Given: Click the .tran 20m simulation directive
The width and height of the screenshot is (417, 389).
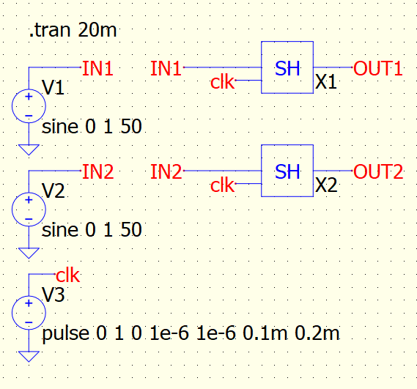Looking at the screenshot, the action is click(x=73, y=30).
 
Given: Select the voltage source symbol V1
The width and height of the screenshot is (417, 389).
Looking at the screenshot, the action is click(x=29, y=106).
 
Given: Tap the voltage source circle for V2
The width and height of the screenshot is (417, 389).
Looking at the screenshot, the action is click(x=29, y=210).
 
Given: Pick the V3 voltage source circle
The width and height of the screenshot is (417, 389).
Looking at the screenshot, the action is click(x=29, y=313).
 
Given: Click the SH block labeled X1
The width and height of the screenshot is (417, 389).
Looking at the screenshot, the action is click(x=287, y=67).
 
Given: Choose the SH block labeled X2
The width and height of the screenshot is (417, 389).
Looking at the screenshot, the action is click(x=287, y=171).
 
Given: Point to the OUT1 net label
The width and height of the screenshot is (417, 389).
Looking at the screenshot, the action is click(x=377, y=68).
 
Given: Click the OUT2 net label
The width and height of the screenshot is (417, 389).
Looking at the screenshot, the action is click(x=378, y=171).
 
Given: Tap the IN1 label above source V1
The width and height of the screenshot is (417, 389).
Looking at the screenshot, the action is click(x=98, y=68).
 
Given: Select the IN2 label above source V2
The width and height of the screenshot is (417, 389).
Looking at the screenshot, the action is click(x=98, y=171).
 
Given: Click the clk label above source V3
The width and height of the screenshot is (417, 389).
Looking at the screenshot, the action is click(x=68, y=275).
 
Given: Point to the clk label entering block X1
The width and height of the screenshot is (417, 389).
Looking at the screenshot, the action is click(x=222, y=81).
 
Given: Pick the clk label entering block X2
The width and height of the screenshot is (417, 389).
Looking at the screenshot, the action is click(x=222, y=185).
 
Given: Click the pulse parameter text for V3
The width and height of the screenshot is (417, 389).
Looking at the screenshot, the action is click(x=191, y=334).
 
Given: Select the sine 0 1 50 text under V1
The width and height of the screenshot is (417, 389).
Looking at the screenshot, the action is click(x=92, y=126).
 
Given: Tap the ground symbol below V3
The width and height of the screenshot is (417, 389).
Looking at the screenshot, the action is click(x=29, y=357).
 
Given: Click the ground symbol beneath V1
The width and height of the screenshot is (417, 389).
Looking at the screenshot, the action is click(x=29, y=149).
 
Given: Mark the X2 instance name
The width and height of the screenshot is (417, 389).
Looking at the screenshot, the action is click(x=326, y=185).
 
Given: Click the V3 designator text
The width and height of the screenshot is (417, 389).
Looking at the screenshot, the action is click(x=53, y=294).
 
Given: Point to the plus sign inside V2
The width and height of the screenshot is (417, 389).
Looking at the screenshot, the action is click(x=29, y=200).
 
